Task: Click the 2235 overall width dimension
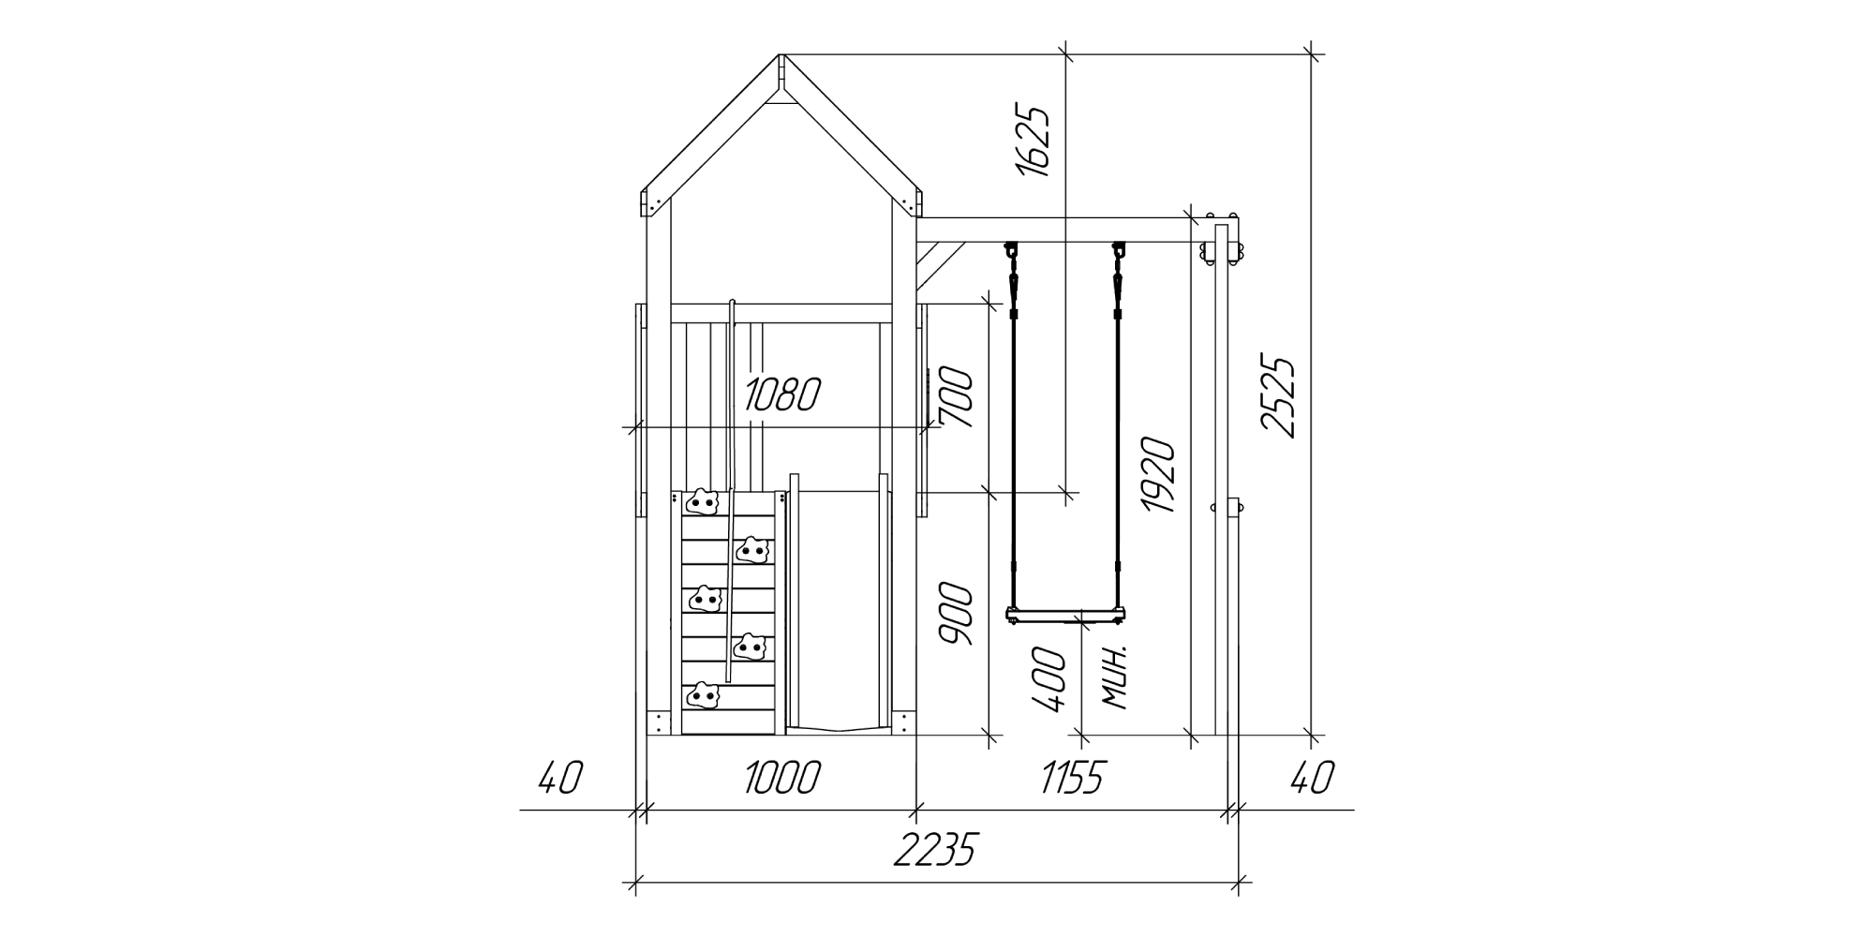coord(934,851)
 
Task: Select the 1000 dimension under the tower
coord(782,778)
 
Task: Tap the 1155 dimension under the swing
coord(1074,778)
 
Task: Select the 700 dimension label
coord(957,398)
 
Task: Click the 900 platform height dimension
coord(957,614)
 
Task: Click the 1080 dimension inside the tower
coord(782,395)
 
